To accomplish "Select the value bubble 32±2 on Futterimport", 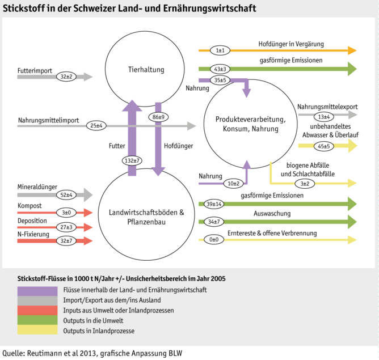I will (x=67, y=77).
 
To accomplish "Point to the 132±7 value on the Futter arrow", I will (x=132, y=161).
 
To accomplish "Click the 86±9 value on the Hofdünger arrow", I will (x=158, y=117).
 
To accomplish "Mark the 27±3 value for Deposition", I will (x=67, y=227).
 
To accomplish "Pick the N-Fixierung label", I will (x=33, y=234).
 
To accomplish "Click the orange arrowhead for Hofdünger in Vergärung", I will (x=351, y=50).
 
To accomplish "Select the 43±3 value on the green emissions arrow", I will (x=220, y=69).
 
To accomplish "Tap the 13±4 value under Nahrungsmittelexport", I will (x=324, y=117).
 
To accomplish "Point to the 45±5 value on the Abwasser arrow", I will (x=324, y=146).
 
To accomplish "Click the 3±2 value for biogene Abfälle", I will (x=305, y=183).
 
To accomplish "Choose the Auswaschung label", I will (x=272, y=214).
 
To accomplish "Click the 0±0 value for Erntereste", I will (x=214, y=240).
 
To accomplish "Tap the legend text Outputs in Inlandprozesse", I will (x=99, y=331).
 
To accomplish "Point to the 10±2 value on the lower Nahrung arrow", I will (x=233, y=183).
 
